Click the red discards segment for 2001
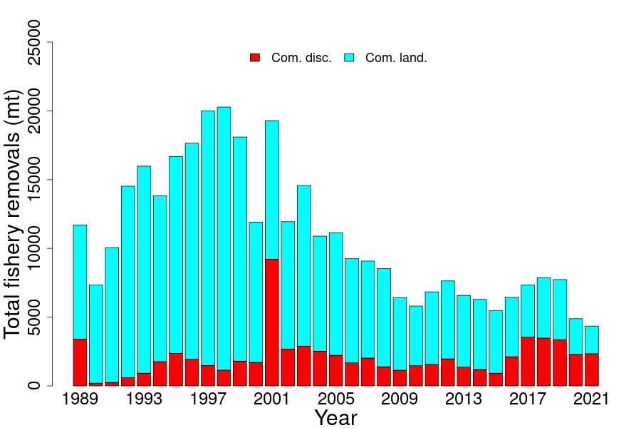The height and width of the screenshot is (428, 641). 271,322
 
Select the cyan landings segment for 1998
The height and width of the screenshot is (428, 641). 224,238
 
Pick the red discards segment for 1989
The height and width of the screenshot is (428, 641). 80,362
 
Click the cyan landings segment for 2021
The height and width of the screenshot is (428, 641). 591,340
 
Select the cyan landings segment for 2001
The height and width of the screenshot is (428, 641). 271,190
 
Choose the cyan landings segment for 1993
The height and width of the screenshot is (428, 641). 144,269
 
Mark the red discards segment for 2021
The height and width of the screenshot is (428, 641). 591,370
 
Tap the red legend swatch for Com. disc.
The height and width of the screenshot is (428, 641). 255,58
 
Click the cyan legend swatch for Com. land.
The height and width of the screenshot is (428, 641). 349,58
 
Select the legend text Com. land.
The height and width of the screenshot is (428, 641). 396,58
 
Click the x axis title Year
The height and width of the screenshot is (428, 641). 335,417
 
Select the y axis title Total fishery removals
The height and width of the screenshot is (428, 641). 13,214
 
